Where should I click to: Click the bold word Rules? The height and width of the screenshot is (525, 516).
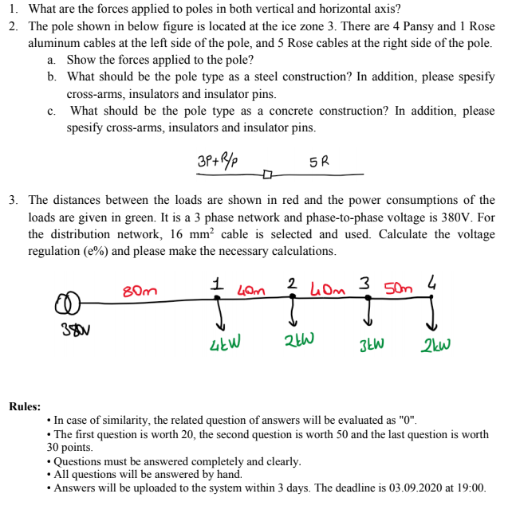click(25, 406)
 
